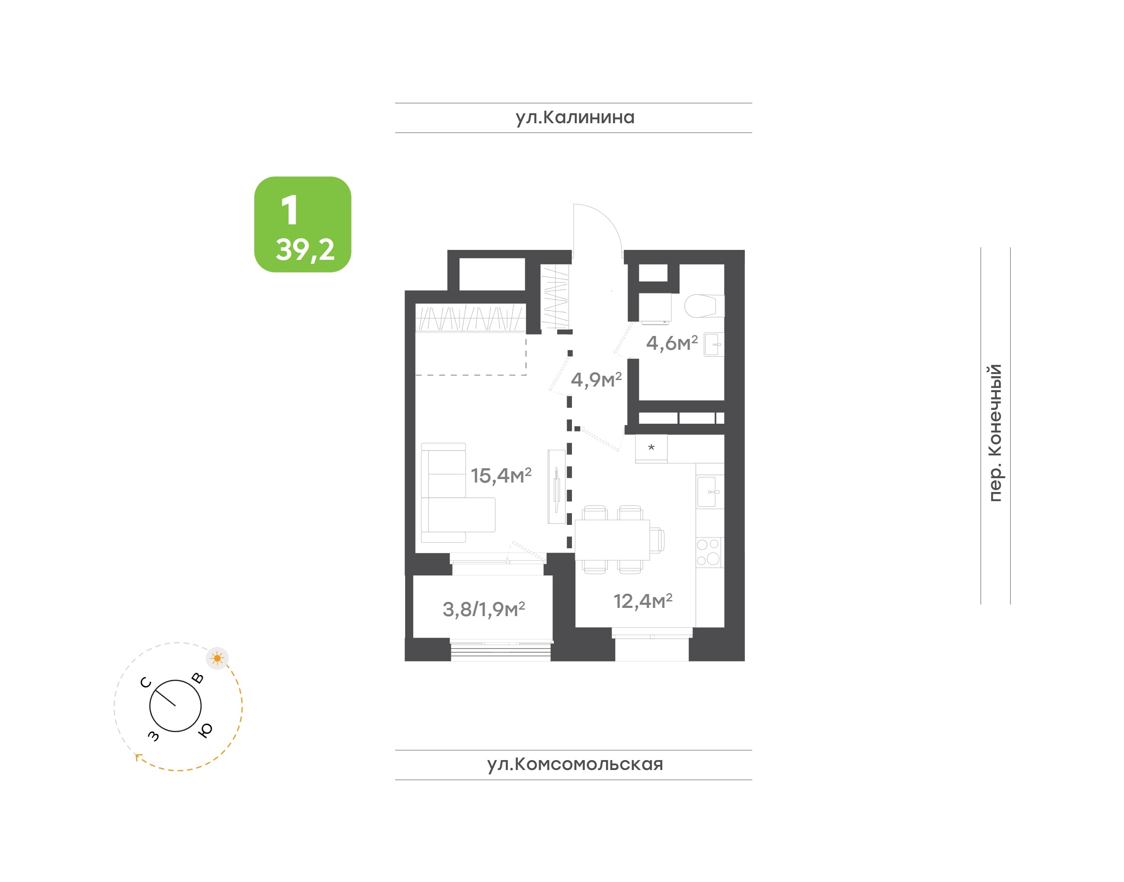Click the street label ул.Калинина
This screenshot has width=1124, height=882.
tap(575, 118)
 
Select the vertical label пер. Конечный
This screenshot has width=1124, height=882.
tap(994, 433)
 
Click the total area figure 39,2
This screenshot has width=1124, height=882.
tap(305, 250)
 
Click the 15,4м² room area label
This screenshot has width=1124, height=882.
tap(501, 476)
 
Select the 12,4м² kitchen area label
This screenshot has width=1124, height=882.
tap(643, 601)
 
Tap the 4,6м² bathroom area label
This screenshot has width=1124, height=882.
tap(672, 343)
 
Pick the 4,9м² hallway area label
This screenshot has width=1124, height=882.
tap(596, 380)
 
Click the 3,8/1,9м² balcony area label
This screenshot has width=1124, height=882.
tap(483, 609)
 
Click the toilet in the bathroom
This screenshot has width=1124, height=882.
tap(704, 306)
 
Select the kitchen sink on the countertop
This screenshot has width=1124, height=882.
tap(710, 492)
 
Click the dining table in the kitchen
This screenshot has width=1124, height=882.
tap(612, 540)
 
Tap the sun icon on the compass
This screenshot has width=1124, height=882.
tap(217, 658)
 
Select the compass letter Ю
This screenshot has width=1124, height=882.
tap(205, 730)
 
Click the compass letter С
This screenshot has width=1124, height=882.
tap(146, 683)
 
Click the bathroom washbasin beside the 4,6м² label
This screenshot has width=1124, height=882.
tap(714, 345)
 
